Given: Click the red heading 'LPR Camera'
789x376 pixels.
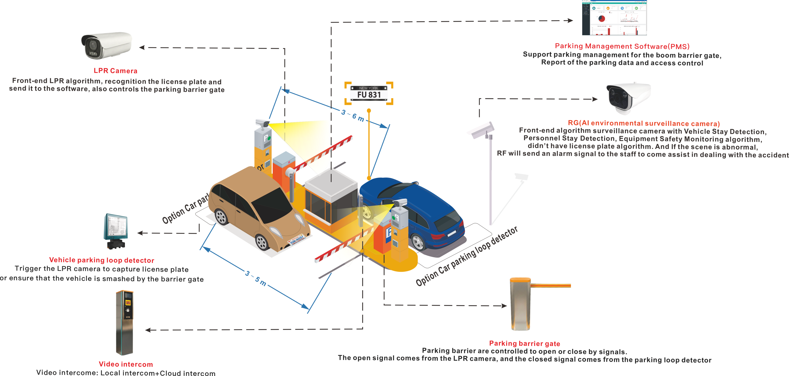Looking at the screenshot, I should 115,71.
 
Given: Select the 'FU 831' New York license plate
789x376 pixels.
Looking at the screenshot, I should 369,93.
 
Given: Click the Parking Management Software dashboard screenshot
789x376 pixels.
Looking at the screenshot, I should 614,18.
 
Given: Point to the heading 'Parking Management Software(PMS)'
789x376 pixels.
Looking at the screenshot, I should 622,46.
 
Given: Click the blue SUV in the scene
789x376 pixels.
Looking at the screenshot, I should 413,214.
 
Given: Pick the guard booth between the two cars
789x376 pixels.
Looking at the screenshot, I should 331,199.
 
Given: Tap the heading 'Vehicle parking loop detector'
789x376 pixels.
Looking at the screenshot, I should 102,260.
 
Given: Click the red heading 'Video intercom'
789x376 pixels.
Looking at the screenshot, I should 126,364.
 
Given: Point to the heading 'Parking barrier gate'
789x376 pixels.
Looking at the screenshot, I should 524,344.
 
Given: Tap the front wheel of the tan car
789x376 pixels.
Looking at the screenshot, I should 262,242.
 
